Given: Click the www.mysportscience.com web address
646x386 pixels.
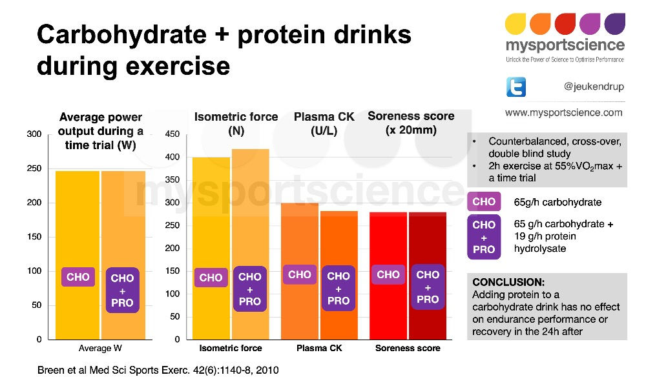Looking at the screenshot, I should [563, 112].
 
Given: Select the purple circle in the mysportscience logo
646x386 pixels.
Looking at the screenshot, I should [615, 25].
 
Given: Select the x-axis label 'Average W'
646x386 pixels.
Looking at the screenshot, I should [101, 349].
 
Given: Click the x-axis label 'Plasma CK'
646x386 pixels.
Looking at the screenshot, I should [318, 349].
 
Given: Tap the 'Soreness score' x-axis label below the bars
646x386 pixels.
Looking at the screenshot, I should [408, 349].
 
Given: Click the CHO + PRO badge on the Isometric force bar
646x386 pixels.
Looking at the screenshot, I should [250, 289].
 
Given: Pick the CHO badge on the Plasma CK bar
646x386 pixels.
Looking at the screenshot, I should [300, 274].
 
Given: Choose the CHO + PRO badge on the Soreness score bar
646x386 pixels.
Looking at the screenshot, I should [428, 287].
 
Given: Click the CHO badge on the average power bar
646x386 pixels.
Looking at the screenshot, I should [78, 278].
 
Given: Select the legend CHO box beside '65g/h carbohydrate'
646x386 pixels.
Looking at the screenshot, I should [484, 202].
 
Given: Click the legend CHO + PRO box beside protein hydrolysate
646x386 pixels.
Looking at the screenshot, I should [484, 237].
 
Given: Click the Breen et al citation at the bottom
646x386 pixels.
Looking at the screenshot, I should [158, 371].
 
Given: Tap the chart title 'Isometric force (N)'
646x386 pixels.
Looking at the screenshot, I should [236, 123].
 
